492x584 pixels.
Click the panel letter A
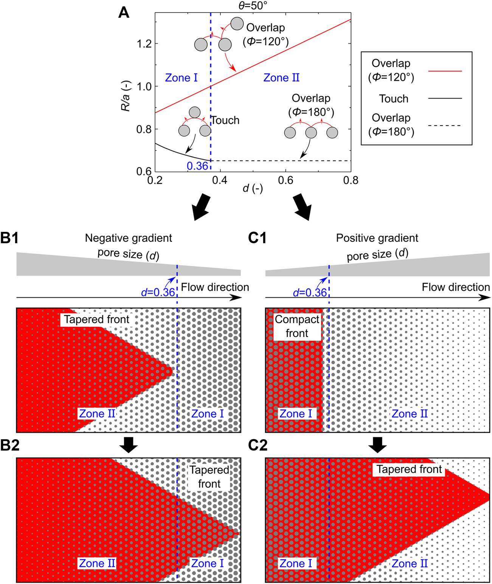point(124,13)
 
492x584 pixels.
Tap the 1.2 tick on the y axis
point(144,44)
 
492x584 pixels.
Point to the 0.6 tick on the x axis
point(286,180)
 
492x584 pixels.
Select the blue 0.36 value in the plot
point(197,166)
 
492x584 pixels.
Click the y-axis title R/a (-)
point(126,96)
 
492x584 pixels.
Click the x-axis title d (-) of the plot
point(253,188)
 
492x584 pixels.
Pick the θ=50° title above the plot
point(253,6)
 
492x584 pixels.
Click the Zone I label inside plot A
point(181,78)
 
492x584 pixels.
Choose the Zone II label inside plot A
point(281,78)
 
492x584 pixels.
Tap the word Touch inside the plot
point(225,120)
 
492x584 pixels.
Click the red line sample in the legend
point(445,71)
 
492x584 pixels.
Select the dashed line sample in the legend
point(445,126)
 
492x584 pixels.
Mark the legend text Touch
point(394,99)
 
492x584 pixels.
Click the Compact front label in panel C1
point(297,326)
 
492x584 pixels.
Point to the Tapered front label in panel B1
point(97,320)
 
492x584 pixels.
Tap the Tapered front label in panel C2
point(409,469)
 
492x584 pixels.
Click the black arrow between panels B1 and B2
point(129,445)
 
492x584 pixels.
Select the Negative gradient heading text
point(128,238)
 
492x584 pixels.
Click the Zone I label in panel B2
point(207,563)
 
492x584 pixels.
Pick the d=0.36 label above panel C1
point(310,293)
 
